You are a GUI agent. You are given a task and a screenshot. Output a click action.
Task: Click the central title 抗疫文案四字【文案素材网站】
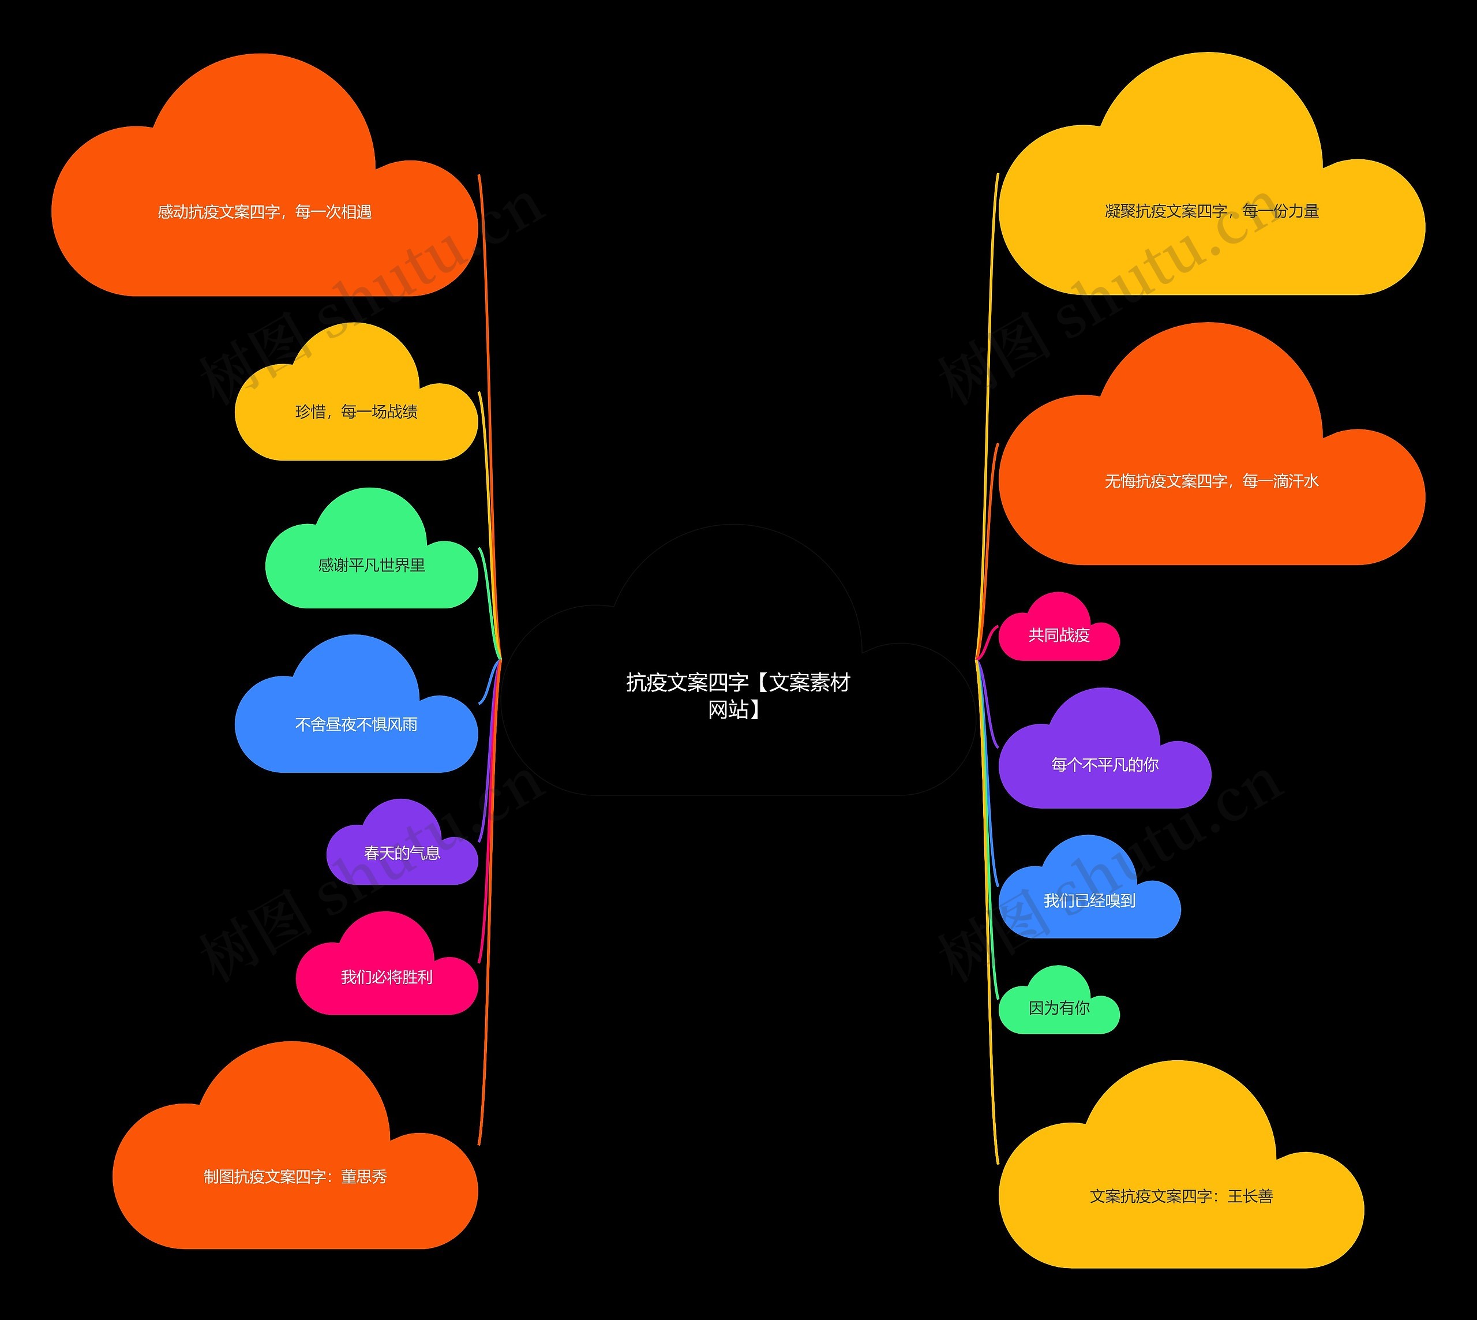(x=737, y=695)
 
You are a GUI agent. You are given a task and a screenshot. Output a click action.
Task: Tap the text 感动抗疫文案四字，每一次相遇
(x=265, y=212)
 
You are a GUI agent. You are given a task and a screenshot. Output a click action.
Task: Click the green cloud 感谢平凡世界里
(x=371, y=565)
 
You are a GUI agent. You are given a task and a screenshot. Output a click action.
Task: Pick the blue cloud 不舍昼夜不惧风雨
(x=356, y=724)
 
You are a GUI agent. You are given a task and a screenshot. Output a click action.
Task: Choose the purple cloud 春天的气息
(x=402, y=853)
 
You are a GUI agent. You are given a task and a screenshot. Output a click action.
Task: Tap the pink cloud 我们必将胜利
(x=387, y=977)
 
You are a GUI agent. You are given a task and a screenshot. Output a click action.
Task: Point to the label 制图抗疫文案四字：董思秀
(x=295, y=1176)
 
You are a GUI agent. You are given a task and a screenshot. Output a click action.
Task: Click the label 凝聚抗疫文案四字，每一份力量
(x=1212, y=211)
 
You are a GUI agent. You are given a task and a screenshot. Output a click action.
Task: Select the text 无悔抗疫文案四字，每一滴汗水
(x=1212, y=481)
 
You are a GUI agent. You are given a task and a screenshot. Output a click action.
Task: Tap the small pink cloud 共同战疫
(x=1059, y=635)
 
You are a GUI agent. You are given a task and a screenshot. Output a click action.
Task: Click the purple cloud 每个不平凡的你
(x=1104, y=764)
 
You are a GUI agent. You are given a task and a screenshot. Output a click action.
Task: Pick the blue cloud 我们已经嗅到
(x=1089, y=901)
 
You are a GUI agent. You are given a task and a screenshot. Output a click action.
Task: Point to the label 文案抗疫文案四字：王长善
(x=1181, y=1196)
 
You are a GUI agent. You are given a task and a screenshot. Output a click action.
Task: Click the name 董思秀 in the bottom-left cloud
(x=364, y=1176)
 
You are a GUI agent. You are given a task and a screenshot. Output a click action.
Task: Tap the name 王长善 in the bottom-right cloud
(x=1250, y=1196)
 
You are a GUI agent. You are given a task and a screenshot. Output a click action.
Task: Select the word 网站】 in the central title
(x=734, y=709)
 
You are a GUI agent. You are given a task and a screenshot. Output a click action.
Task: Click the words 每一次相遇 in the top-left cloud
(x=333, y=212)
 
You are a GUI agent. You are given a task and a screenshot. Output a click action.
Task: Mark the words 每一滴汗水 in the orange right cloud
(x=1280, y=481)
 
